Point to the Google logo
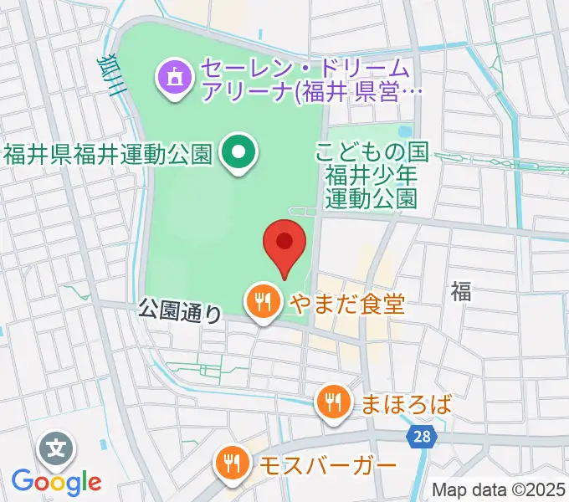[x=56, y=482]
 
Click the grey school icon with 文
[x=55, y=450]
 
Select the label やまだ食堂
[x=346, y=303]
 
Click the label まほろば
[x=406, y=404]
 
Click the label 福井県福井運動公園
[x=109, y=154]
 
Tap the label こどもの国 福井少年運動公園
[x=372, y=175]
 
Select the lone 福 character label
[x=460, y=291]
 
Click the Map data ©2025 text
[x=499, y=489]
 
